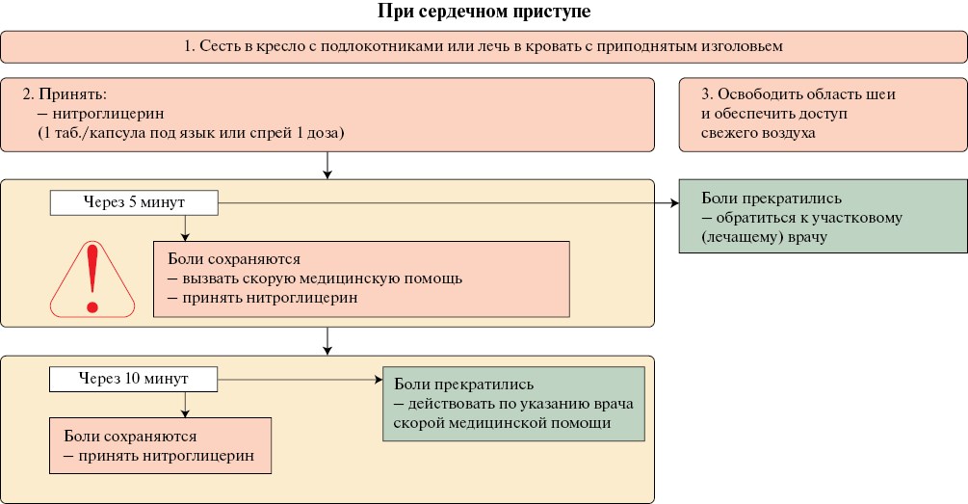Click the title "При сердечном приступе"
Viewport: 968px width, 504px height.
coord(484,13)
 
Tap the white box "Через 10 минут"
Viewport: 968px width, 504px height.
coord(134,378)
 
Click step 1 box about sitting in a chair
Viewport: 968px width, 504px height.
coord(484,45)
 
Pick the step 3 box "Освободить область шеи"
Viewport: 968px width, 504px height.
coord(823,115)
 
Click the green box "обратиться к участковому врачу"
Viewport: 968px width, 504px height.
coord(823,217)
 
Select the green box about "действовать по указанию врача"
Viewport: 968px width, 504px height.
coord(513,404)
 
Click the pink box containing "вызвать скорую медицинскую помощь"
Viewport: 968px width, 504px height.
coord(361,279)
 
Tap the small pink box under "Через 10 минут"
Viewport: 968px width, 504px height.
coord(160,445)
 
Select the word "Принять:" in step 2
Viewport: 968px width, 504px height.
coord(67,95)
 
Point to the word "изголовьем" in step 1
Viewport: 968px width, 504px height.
coord(747,45)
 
